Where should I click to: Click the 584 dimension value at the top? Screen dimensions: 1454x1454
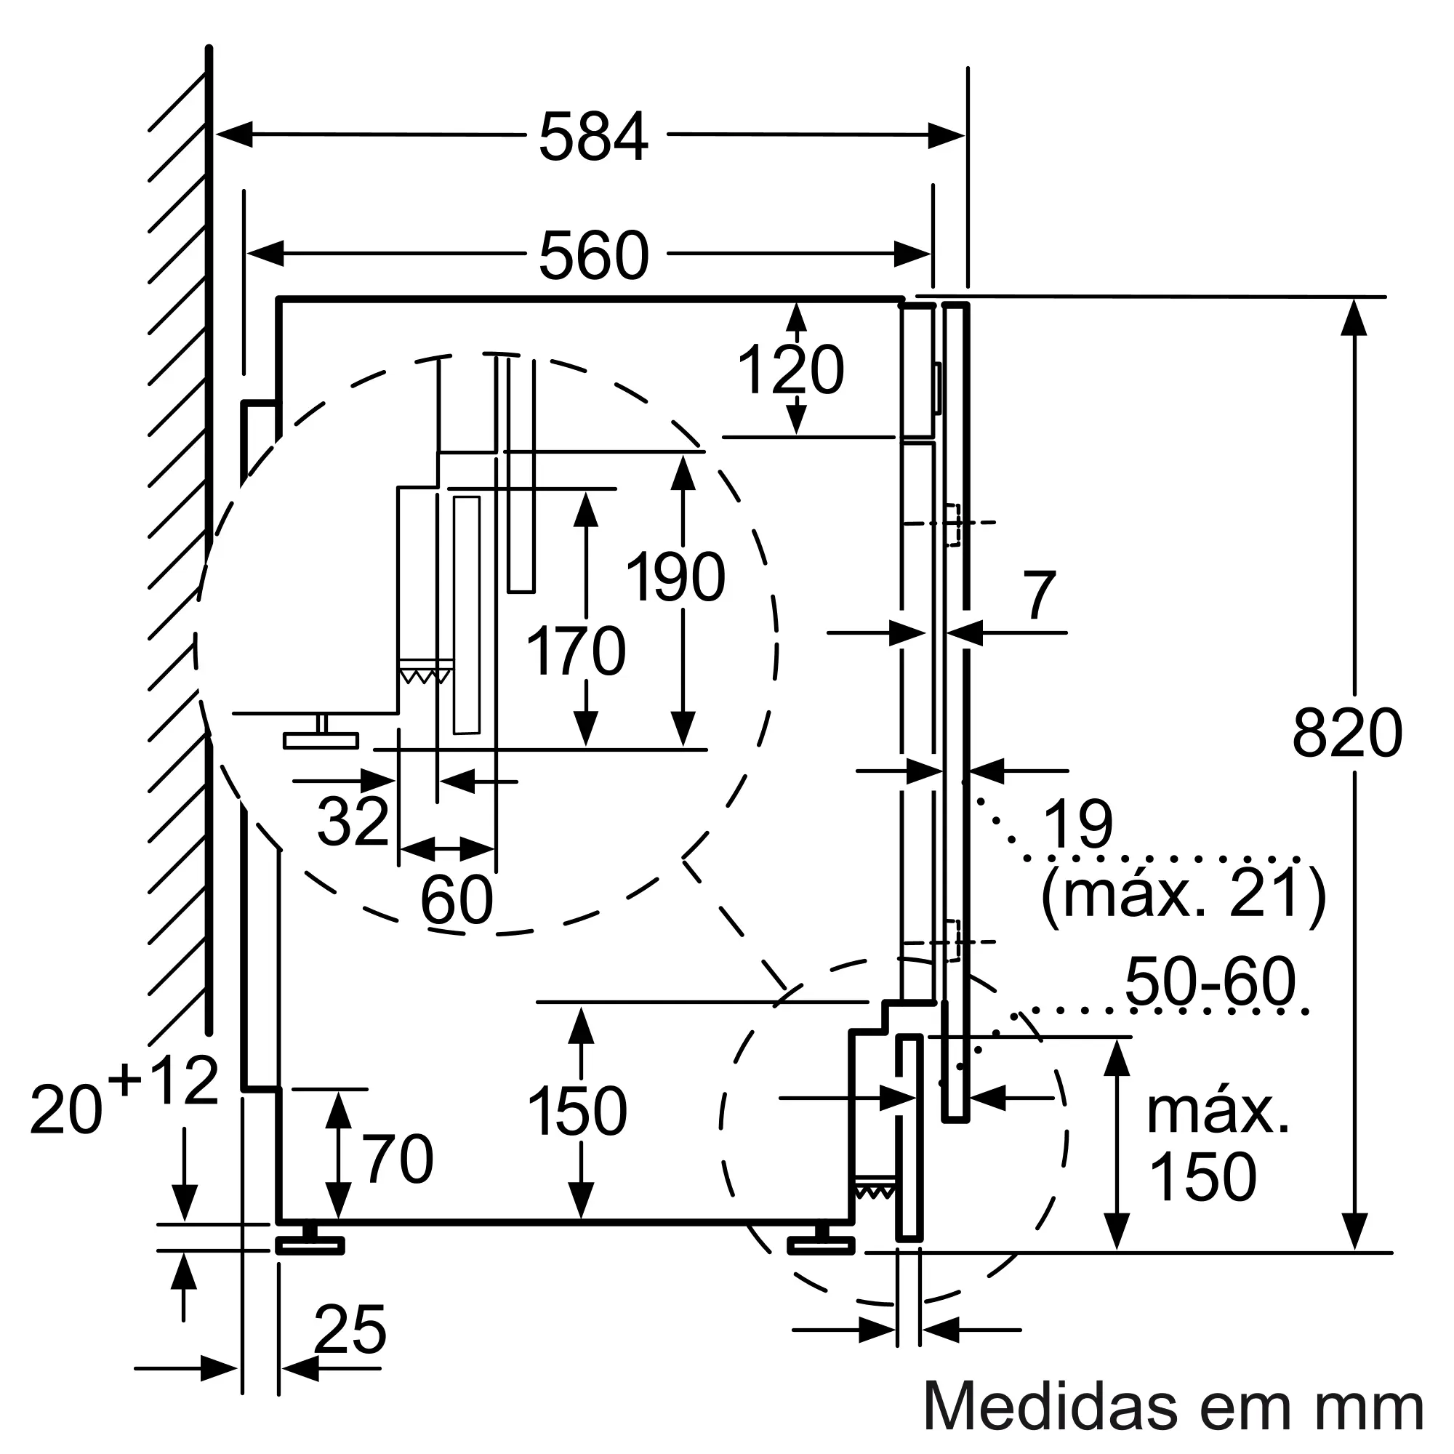tap(593, 137)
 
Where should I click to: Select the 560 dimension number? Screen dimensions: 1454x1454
tap(593, 257)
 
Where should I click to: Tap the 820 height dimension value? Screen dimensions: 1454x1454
tap(1347, 734)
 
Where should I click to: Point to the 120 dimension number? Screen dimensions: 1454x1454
tap(790, 370)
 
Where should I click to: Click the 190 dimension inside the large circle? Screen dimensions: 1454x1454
tap(675, 578)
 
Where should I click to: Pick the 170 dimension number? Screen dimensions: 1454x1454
tap(576, 651)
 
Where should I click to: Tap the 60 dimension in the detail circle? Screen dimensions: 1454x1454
tap(456, 900)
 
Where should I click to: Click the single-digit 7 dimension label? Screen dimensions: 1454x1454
tap(1040, 596)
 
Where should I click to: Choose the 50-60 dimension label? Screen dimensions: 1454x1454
tap(1210, 982)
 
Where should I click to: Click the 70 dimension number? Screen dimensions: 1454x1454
tap(398, 1160)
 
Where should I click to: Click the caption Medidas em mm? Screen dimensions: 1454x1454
tap(1173, 1406)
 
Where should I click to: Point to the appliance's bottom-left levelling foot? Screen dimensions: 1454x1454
tap(309, 1245)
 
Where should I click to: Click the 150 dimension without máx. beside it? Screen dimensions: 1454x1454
tap(577, 1112)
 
